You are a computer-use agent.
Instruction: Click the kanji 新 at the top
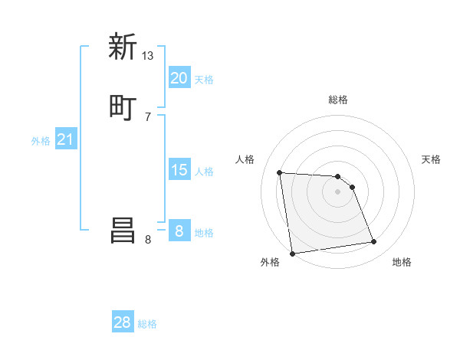(x=123, y=47)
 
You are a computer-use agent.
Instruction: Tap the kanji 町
(x=123, y=107)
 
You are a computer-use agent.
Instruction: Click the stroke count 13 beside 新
(x=148, y=55)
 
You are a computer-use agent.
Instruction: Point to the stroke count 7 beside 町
(x=148, y=116)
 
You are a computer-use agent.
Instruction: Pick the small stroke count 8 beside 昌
(x=148, y=239)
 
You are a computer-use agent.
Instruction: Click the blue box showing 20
(x=179, y=78)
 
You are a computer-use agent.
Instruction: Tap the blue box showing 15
(x=179, y=170)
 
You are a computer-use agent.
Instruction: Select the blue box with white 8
(x=179, y=231)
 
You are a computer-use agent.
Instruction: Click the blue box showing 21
(x=65, y=139)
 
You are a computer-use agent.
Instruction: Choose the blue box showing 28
(x=123, y=322)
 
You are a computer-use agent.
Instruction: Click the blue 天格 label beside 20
(x=204, y=80)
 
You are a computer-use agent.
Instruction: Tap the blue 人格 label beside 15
(x=204, y=172)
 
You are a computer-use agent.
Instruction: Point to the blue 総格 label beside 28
(x=147, y=324)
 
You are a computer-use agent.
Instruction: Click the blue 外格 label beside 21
(x=41, y=141)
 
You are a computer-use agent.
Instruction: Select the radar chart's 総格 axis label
(x=338, y=100)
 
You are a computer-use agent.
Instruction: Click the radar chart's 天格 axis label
(x=431, y=159)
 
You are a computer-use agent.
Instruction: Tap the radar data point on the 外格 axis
(x=292, y=254)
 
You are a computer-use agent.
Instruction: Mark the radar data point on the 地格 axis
(x=374, y=242)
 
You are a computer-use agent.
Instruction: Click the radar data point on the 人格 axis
(x=280, y=172)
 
